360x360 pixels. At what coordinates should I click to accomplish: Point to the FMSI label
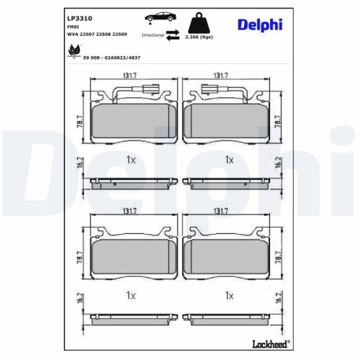[72, 26]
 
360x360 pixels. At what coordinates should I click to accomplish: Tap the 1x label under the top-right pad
[230, 159]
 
